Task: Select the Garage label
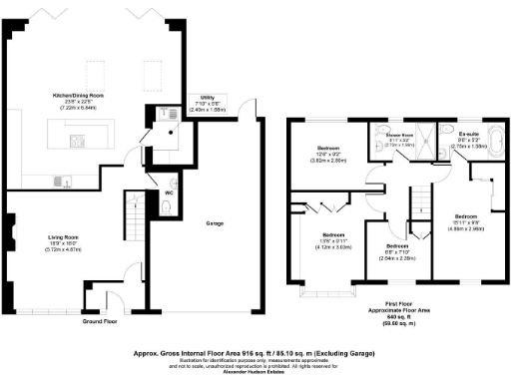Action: pos(214,223)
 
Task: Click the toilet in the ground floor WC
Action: pos(166,206)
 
